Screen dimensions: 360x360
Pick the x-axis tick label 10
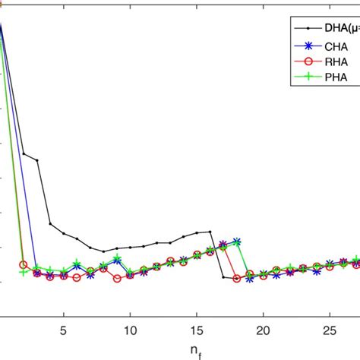tap(130, 331)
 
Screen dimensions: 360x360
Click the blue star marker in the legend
tap(304, 47)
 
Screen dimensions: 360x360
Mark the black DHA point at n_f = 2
tap(24, 154)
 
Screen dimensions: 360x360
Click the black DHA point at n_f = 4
tap(50, 224)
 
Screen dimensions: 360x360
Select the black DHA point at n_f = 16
tap(210, 232)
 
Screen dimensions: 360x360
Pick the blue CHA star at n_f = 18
tap(236, 242)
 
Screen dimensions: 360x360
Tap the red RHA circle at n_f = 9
tap(117, 279)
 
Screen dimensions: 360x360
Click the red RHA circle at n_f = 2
tap(24, 265)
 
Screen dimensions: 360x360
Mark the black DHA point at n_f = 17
tap(223, 277)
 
